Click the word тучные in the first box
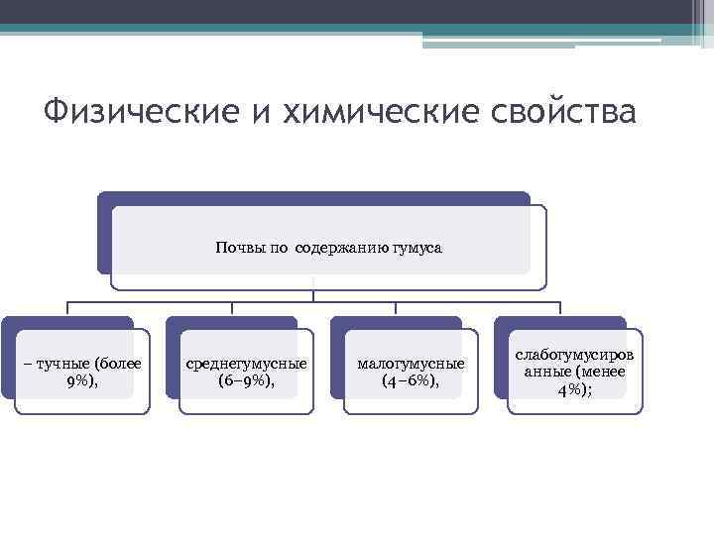pyautogui.click(x=60, y=364)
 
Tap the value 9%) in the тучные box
pyautogui.click(x=81, y=380)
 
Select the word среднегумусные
pyautogui.click(x=246, y=364)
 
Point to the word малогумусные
pyautogui.click(x=411, y=364)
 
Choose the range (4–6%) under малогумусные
pyautogui.click(x=411, y=380)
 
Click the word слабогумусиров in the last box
pyautogui.click(x=575, y=355)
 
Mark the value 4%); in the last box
pyautogui.click(x=575, y=389)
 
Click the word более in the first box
pyautogui.click(x=120, y=364)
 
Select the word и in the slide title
pyautogui.click(x=261, y=112)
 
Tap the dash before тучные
pyautogui.click(x=27, y=364)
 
